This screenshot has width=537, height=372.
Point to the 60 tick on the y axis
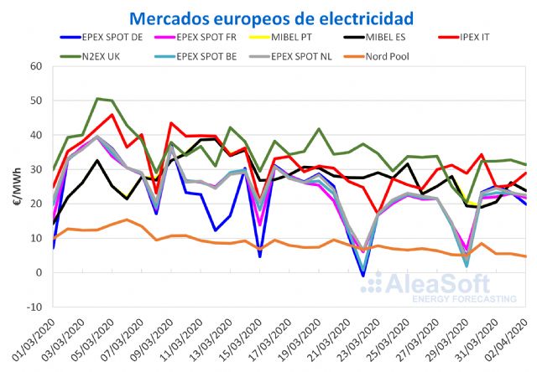(x=35, y=66)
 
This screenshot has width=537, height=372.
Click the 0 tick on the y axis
(x=39, y=272)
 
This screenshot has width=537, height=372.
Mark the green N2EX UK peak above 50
(x=97, y=99)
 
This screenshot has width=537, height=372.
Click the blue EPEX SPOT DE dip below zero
(x=362, y=276)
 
